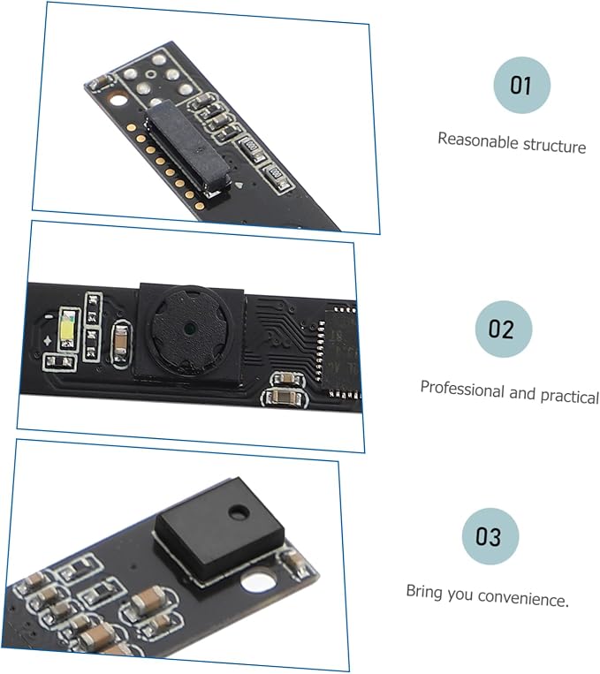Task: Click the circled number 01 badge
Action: tap(521, 85)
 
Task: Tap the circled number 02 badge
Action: tap(504, 329)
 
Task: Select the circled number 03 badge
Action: tap(490, 536)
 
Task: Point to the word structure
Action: tap(555, 146)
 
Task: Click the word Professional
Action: tap(462, 389)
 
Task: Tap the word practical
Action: tap(569, 396)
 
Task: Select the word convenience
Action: tap(523, 598)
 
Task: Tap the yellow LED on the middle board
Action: tap(68, 329)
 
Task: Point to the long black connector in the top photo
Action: tap(188, 145)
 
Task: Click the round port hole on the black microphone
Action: tap(239, 511)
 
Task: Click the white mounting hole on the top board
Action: tap(118, 101)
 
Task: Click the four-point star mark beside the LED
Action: tap(47, 341)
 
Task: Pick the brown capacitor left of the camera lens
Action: tap(121, 341)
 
